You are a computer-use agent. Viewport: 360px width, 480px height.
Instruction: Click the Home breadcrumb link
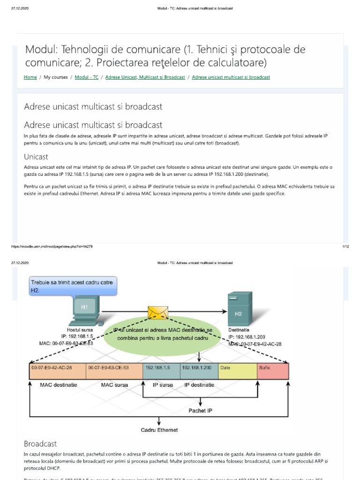(x=30, y=77)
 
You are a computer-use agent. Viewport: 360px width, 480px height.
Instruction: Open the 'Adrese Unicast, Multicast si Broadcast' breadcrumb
(x=145, y=77)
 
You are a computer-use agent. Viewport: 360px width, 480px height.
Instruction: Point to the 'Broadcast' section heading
(x=40, y=443)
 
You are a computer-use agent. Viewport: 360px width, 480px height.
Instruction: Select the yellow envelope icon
(x=158, y=312)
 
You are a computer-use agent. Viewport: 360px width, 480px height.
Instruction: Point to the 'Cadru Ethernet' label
(x=159, y=430)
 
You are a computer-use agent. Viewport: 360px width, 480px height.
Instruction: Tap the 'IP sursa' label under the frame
(x=163, y=385)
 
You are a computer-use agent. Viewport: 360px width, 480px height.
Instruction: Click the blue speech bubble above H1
(x=72, y=286)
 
